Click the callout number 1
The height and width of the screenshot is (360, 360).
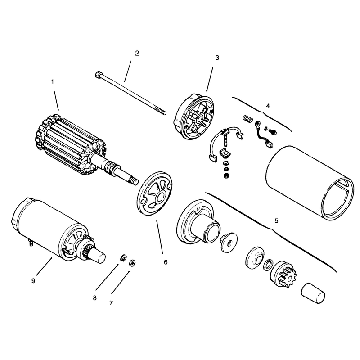[53, 82]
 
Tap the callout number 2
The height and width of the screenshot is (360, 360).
[137, 53]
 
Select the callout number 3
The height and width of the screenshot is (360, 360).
[217, 58]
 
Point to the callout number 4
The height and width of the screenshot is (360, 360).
[268, 106]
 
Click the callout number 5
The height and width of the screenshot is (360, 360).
[276, 221]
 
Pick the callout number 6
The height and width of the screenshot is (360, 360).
[166, 262]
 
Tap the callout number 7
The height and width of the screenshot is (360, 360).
[111, 303]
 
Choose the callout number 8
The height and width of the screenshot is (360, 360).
[94, 298]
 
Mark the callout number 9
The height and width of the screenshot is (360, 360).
[33, 280]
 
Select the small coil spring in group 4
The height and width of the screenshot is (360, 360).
[248, 118]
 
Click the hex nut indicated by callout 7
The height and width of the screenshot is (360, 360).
[132, 262]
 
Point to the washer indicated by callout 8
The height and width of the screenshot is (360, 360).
[123, 258]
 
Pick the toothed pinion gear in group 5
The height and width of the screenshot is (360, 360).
[283, 274]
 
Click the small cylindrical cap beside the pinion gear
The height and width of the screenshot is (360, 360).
[313, 293]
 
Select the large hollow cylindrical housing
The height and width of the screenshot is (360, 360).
[310, 183]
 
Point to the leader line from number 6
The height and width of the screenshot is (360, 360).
[160, 237]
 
